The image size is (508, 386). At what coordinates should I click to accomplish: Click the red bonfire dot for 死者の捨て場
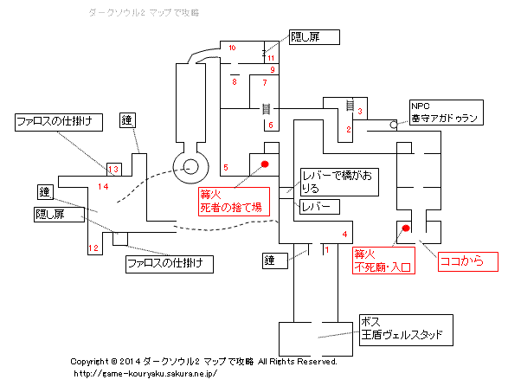tap(265, 164)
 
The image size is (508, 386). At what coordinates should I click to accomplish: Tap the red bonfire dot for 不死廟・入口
tap(406, 228)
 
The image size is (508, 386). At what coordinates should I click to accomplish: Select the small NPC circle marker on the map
tap(393, 125)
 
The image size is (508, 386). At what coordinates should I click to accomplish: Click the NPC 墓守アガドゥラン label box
tap(447, 113)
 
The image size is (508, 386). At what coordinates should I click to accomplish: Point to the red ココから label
tap(468, 261)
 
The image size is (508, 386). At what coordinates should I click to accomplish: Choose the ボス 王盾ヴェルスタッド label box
tap(406, 330)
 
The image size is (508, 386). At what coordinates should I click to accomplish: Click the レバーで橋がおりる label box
tap(339, 182)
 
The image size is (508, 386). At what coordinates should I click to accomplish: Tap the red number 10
tap(232, 48)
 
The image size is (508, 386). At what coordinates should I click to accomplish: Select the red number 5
tap(226, 168)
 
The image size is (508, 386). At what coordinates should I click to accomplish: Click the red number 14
tap(103, 187)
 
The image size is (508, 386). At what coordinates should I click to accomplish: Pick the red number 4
tap(344, 234)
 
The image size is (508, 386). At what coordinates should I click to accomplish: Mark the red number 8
tap(235, 81)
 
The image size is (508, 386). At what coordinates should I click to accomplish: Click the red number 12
tap(93, 248)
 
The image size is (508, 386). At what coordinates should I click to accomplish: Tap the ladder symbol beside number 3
tap(350, 105)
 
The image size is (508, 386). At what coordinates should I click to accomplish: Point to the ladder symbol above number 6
tap(266, 109)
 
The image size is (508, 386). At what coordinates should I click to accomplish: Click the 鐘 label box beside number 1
tap(275, 261)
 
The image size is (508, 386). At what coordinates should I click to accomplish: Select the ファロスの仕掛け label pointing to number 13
tap(59, 122)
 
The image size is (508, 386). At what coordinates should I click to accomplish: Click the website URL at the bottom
tap(145, 374)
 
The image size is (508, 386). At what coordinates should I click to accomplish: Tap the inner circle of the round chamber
tap(190, 168)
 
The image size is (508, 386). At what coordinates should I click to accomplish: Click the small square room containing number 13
tap(114, 170)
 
